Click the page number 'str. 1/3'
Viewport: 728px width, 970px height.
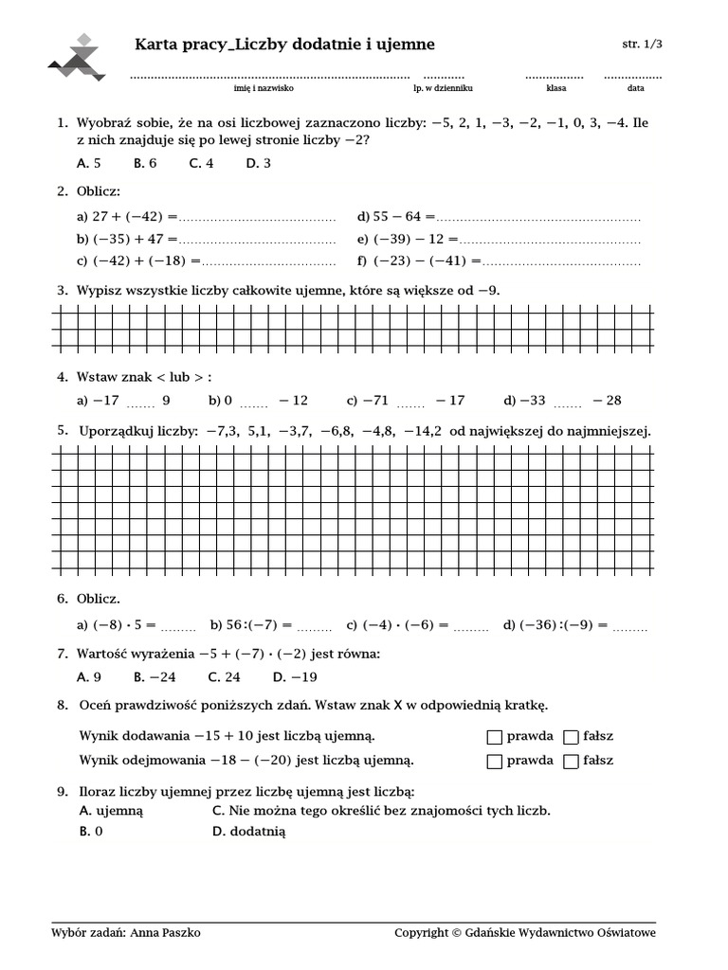[x=642, y=45]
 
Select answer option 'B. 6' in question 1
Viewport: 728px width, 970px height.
[x=145, y=163]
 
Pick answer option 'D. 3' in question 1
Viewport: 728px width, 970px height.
[x=259, y=163]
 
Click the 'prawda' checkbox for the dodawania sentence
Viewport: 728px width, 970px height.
[x=494, y=736]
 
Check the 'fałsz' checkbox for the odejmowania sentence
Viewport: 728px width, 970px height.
[x=571, y=761]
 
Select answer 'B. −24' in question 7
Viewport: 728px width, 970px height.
[x=155, y=676]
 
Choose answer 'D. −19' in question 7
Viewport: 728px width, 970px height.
[x=295, y=676]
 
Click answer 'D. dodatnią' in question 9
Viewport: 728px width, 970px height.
[x=249, y=832]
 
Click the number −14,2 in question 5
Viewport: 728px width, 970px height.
[x=423, y=431]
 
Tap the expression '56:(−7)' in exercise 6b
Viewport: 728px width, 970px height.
[x=252, y=624]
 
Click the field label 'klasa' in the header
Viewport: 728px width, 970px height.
[x=555, y=88]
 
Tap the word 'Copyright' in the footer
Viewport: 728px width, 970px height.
[x=421, y=933]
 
